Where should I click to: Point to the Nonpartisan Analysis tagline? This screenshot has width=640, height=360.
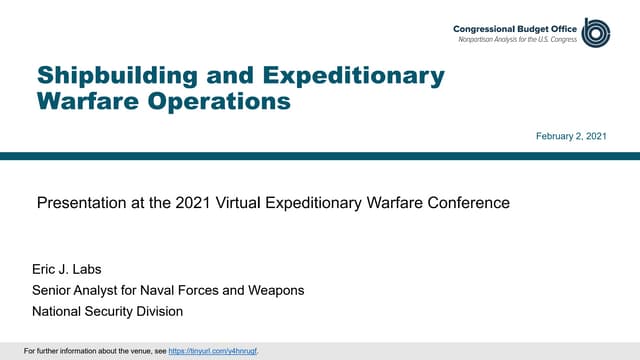(517, 38)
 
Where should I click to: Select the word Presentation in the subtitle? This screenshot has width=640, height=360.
(80, 203)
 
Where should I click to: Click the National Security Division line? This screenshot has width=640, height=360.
(109, 311)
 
